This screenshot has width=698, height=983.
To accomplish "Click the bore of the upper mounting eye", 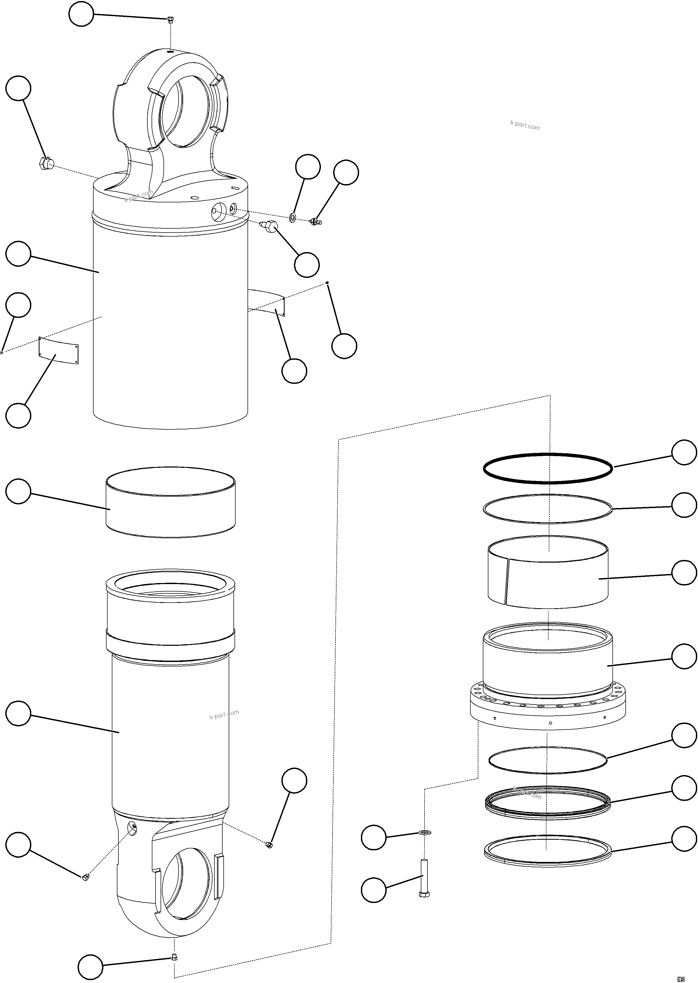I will (x=185, y=113).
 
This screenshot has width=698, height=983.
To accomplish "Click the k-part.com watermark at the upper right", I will (x=525, y=126).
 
